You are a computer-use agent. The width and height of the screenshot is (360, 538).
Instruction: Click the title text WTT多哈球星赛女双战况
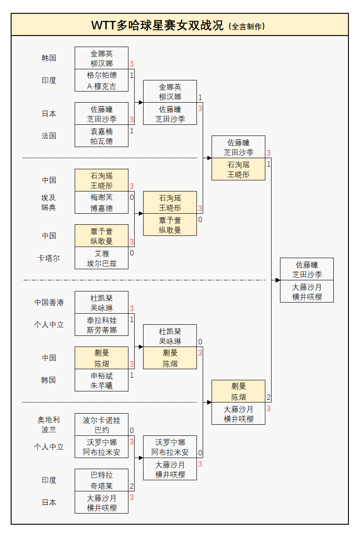pos(157,25)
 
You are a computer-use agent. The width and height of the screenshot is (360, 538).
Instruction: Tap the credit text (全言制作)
pos(247,26)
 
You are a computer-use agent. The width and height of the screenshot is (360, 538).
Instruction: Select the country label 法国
pos(49,136)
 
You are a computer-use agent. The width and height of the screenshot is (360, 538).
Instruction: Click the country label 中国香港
pos(49,303)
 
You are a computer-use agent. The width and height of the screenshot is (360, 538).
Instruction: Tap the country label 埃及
pos(49,198)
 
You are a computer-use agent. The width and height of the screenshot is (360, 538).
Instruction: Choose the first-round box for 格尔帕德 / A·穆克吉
pos(101,80)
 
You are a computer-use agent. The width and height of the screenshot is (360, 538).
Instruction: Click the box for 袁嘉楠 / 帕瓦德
pos(101,136)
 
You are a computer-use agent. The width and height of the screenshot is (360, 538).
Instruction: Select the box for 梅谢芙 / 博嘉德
pos(101,203)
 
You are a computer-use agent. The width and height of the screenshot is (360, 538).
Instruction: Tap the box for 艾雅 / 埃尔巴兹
pos(101,258)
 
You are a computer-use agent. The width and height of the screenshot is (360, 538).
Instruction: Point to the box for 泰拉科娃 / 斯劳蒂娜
pos(101,325)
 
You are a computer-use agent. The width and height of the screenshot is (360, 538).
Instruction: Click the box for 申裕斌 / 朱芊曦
pos(101,380)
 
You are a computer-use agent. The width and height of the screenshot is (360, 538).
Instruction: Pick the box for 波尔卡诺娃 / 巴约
pos(101,425)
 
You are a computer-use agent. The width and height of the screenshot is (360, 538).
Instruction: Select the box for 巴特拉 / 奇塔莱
pos(101,480)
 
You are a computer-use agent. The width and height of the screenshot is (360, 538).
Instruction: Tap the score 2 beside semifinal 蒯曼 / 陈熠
pos(268,398)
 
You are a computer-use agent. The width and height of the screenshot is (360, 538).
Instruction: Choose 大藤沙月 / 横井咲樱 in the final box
pos(307,292)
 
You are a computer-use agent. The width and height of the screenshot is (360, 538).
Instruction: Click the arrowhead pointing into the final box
pos(277,280)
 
